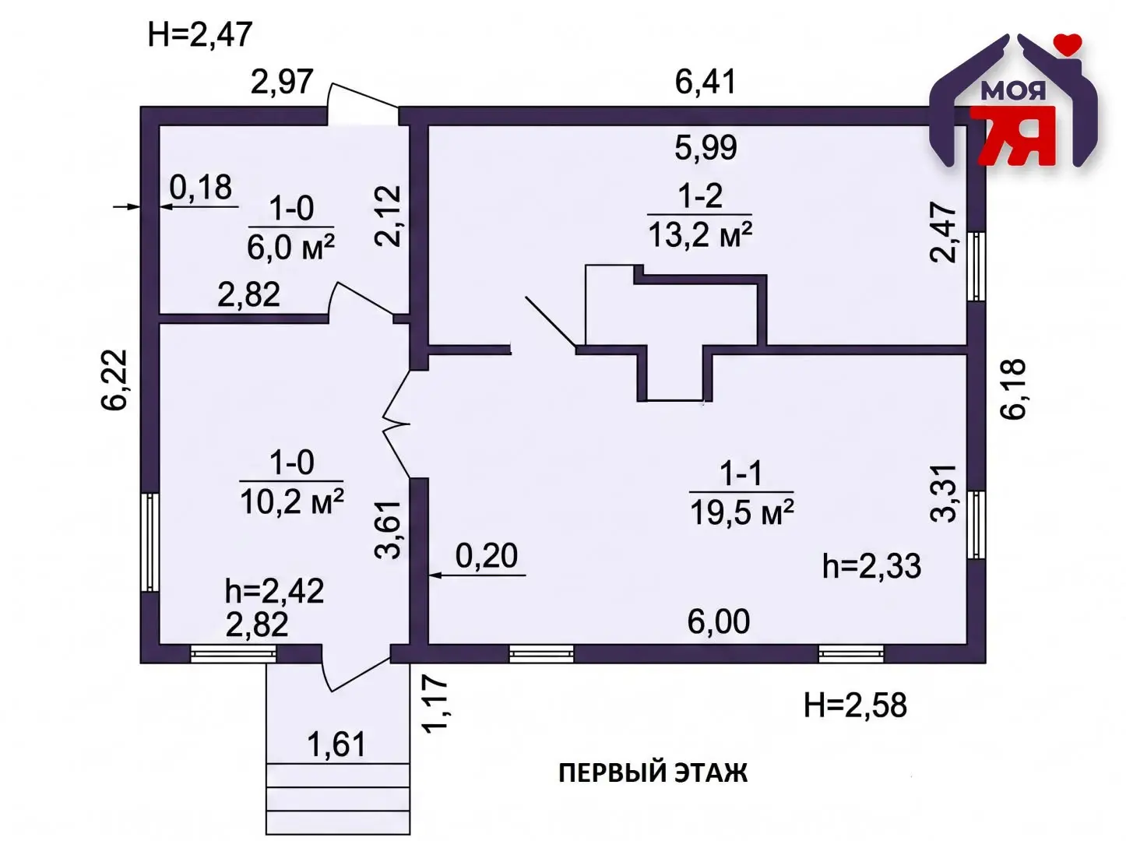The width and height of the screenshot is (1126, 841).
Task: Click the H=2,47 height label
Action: (199, 34)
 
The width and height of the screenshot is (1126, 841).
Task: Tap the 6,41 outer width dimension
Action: (706, 82)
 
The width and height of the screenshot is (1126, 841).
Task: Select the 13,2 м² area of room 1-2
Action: (700, 235)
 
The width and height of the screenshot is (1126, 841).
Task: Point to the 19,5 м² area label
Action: (742, 512)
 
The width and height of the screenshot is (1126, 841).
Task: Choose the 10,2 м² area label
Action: (291, 501)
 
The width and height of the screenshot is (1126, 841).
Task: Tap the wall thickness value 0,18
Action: (201, 188)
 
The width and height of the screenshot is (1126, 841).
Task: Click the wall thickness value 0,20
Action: (487, 556)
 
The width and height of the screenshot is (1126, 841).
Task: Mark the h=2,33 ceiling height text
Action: (871, 567)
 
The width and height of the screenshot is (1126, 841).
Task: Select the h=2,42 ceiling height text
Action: (274, 591)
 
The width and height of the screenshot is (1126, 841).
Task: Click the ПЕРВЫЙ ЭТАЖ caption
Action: (653, 772)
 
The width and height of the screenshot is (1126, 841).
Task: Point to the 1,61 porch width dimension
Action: (336, 744)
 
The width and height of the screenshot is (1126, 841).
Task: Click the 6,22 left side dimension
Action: (114, 379)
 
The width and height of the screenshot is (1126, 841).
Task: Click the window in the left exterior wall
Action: (150, 542)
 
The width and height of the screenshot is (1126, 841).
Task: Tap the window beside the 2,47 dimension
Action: (976, 266)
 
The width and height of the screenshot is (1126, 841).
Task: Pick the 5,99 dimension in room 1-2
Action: (706, 147)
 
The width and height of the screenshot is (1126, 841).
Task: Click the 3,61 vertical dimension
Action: (387, 530)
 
